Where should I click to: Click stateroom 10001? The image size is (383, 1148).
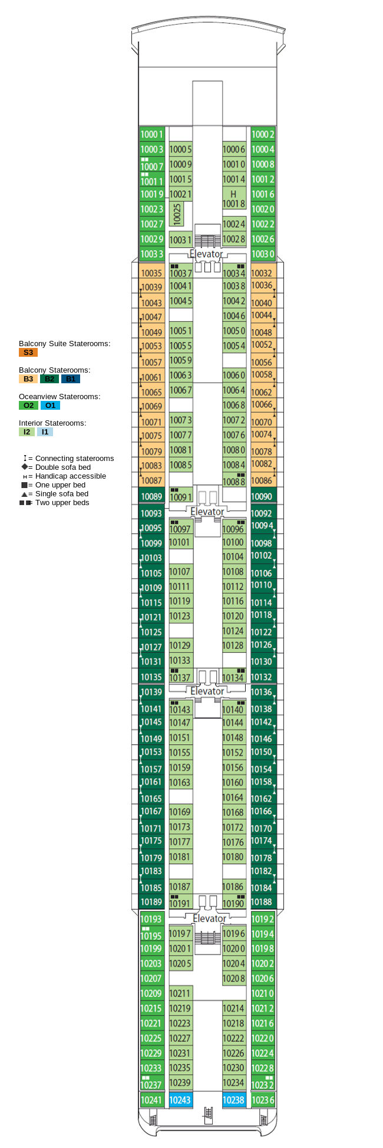tap(151, 134)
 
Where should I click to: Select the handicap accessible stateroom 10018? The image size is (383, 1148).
tap(234, 199)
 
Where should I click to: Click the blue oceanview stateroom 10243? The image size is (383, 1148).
tap(180, 1100)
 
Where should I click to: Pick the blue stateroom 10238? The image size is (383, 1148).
tap(234, 1100)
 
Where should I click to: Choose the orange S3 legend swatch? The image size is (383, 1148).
tap(28, 353)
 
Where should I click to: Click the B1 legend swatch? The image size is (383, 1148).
tap(70, 379)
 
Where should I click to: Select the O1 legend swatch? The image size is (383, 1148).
tap(50, 406)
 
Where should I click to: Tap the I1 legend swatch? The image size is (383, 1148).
tap(45, 432)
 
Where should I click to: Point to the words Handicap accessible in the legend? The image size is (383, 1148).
tap(71, 476)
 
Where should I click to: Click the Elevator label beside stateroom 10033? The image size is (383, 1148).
tap(206, 254)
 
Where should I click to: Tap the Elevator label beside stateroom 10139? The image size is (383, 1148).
tap(207, 691)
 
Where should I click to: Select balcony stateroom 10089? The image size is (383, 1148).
tap(151, 496)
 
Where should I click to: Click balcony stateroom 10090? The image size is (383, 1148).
tap(262, 496)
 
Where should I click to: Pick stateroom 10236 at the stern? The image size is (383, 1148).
tap(263, 1100)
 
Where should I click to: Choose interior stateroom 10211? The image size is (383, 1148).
tap(180, 993)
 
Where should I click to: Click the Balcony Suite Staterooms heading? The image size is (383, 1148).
tap(64, 344)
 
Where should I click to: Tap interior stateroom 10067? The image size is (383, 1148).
tap(180, 390)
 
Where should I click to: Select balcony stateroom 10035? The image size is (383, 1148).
tap(151, 273)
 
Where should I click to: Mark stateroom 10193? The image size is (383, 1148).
tap(151, 919)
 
